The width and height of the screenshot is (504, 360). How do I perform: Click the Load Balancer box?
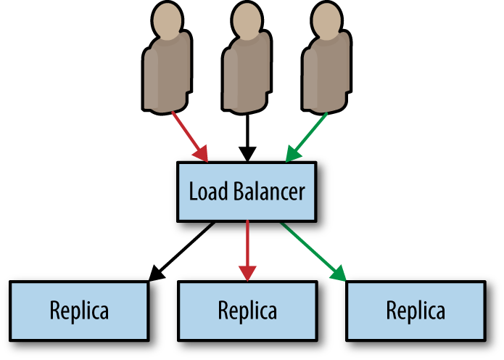coord(247,192)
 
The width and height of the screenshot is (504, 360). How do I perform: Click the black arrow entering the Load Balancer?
coord(248,138)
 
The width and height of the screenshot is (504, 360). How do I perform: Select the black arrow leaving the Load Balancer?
coord(183,251)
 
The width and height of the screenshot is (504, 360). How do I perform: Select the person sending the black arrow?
coord(247,69)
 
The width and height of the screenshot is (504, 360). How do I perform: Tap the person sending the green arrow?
coord(326,69)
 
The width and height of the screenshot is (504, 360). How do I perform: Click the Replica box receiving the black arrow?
coord(79,311)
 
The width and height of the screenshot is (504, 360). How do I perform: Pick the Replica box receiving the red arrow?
coord(247,311)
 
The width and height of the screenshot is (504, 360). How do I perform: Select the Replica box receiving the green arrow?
coord(416,311)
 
